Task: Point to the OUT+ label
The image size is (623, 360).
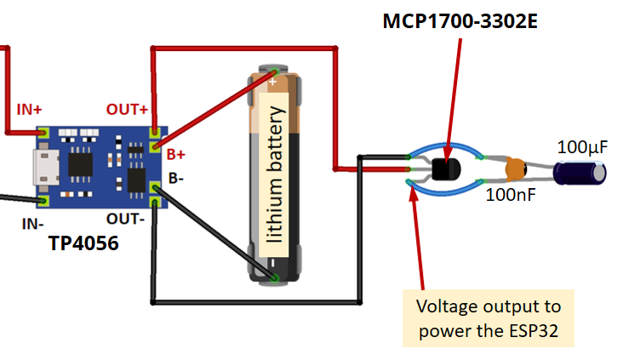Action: tap(127, 110)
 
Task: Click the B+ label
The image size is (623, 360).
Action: tap(176, 154)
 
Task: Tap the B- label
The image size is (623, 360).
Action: tap(174, 178)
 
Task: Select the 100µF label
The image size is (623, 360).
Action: tap(582, 147)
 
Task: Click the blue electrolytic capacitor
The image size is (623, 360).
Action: tap(580, 173)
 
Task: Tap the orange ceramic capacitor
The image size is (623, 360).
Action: tap(515, 169)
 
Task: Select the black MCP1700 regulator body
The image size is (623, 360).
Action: tap(443, 169)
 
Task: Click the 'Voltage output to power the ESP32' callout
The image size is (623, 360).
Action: tap(488, 317)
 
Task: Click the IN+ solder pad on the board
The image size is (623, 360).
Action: tap(43, 133)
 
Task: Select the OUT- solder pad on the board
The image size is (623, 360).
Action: tap(154, 201)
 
